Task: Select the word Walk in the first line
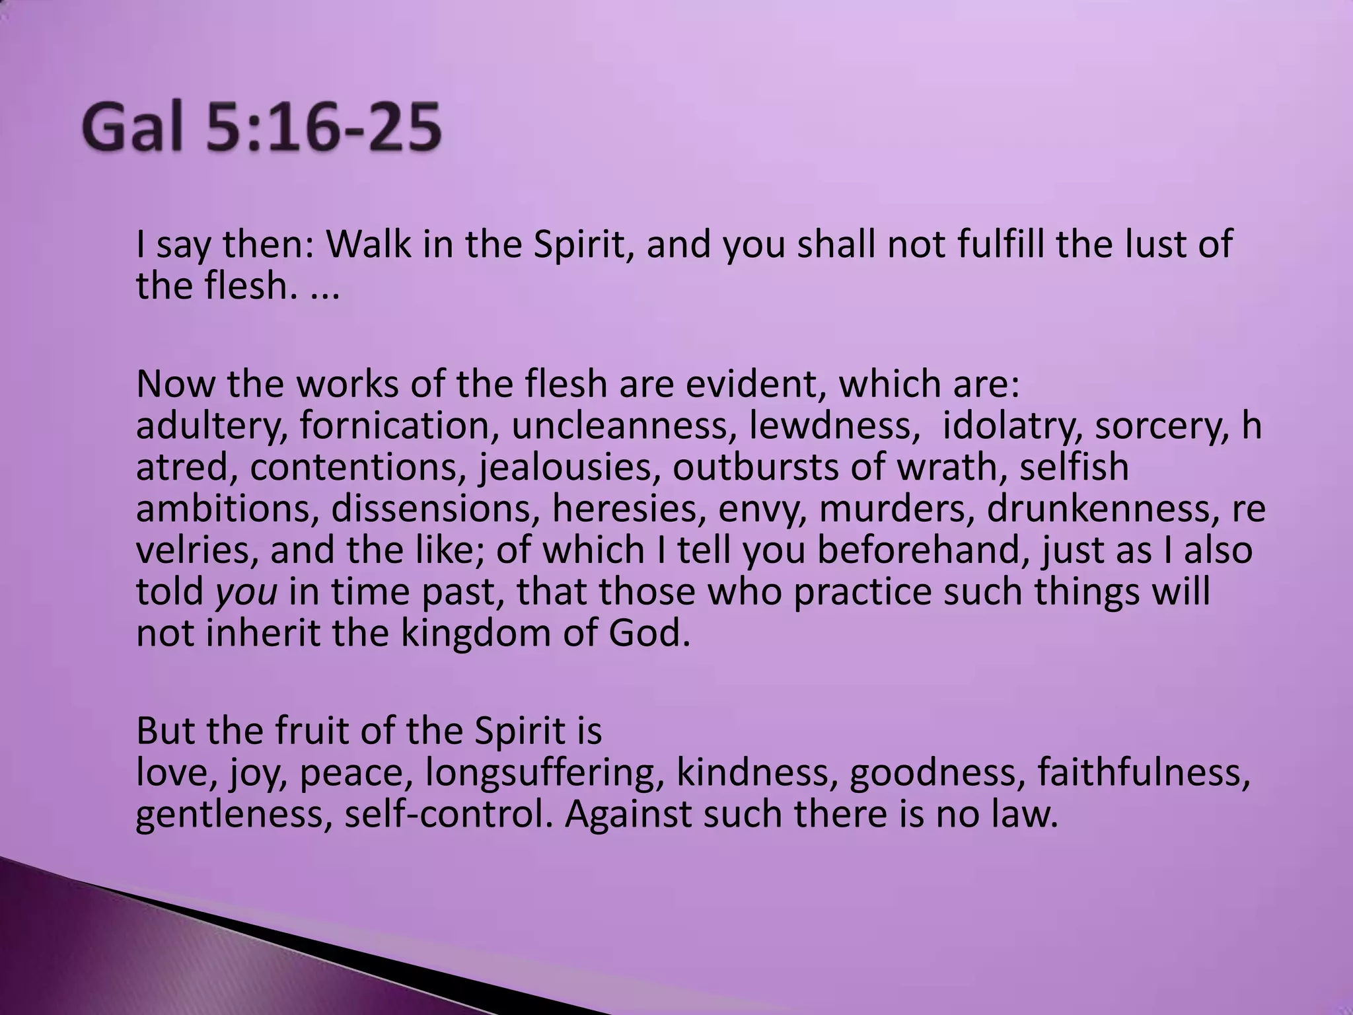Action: pyautogui.click(x=370, y=244)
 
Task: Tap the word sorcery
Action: pyautogui.click(x=1163, y=426)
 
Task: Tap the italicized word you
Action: pyautogui.click(x=246, y=592)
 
